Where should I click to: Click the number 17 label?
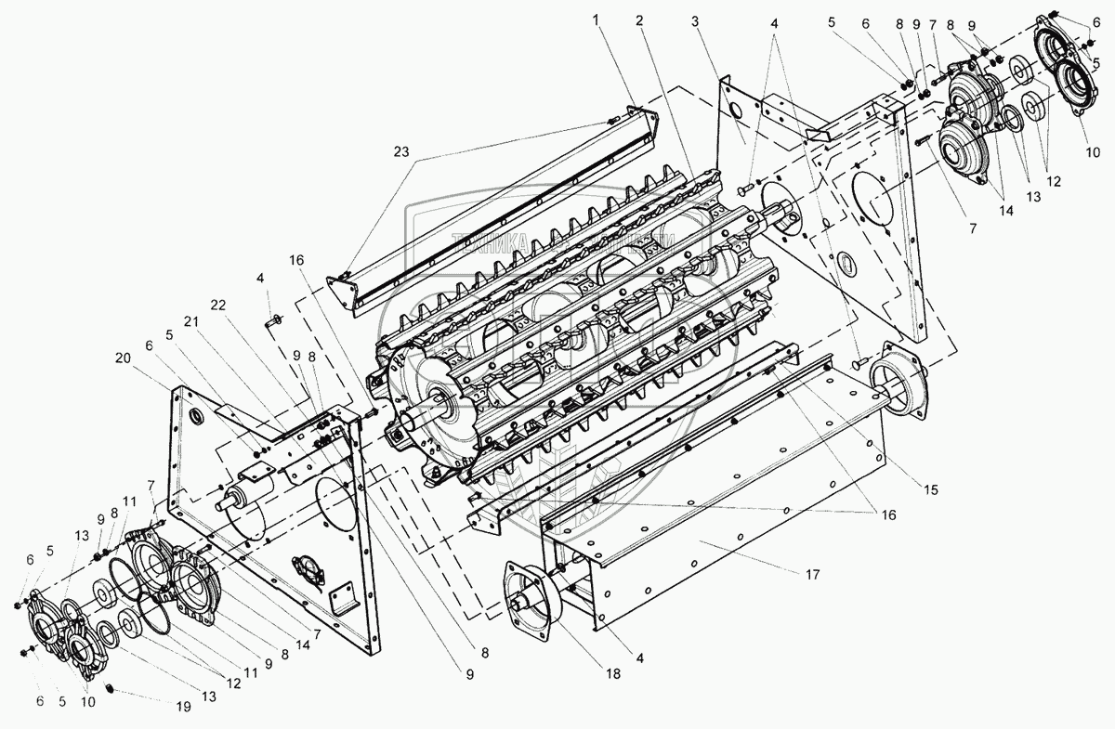[x=813, y=574]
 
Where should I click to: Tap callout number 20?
[x=122, y=358]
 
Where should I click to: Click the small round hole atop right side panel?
[x=735, y=111]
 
